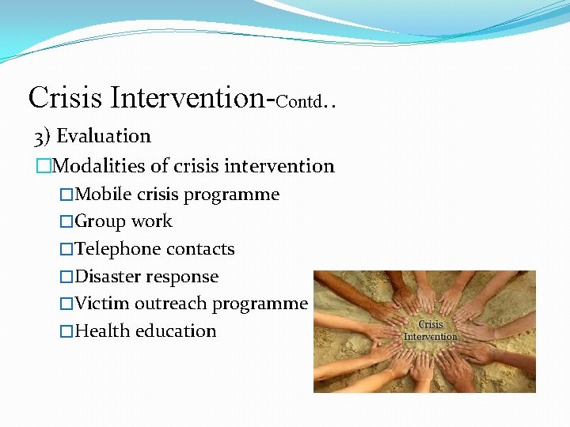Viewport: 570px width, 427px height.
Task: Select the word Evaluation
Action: click(x=104, y=136)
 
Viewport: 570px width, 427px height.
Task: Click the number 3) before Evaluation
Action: click(x=43, y=137)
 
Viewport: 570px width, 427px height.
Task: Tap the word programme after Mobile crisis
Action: click(x=241, y=195)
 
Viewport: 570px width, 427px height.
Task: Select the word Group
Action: click(x=101, y=222)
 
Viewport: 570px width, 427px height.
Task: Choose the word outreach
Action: click(x=167, y=304)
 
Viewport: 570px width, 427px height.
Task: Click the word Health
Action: click(x=103, y=331)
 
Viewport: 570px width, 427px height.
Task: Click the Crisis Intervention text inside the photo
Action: click(x=430, y=331)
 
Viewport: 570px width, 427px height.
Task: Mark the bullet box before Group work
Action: click(x=66, y=222)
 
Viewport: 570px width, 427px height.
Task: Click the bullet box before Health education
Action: click(x=66, y=331)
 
